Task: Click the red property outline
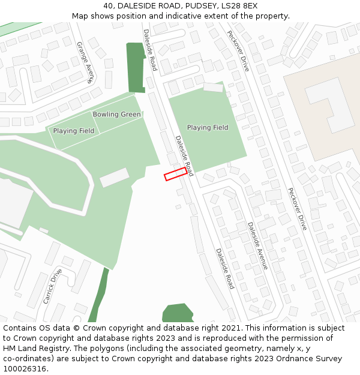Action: point(175,174)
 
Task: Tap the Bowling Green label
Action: point(116,115)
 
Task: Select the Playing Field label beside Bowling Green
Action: point(73,131)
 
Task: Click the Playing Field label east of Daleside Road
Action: point(208,128)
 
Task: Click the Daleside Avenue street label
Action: point(257,245)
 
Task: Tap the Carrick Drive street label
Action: point(53,286)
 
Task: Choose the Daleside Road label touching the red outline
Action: point(184,155)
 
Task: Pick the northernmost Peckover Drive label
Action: point(238,51)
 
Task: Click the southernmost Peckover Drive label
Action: point(296,209)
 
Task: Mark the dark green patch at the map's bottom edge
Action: point(178,314)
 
